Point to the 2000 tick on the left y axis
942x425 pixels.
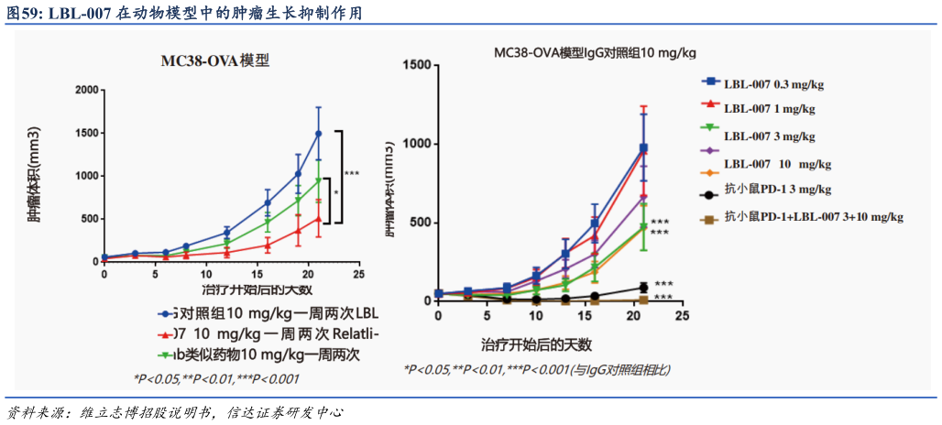point(87,90)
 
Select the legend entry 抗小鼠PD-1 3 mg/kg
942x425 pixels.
point(777,191)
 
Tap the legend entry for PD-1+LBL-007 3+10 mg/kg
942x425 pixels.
point(812,218)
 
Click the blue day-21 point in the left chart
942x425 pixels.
point(319,134)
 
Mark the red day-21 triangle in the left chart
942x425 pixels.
point(319,219)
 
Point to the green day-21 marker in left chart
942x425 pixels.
point(319,180)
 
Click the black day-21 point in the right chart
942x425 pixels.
point(643,288)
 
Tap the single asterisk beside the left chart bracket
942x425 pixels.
point(335,193)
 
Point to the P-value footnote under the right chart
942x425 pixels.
point(537,370)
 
